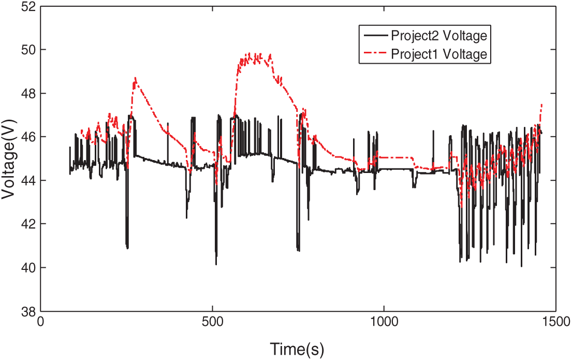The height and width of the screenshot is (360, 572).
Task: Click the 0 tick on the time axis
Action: point(41,322)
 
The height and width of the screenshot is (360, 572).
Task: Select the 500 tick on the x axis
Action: point(212,322)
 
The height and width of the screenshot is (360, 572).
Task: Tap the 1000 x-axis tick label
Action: point(384,322)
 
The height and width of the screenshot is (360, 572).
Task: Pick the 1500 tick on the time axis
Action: point(554,322)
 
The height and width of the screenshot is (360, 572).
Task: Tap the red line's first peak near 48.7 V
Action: point(135,78)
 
